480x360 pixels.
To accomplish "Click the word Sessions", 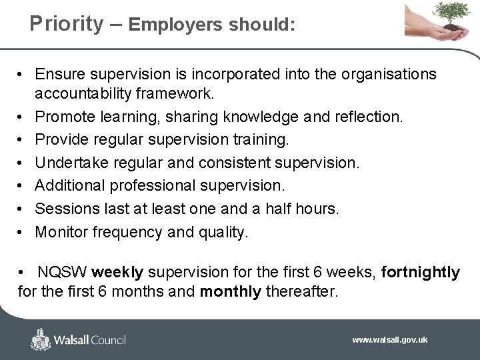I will click(x=64, y=209).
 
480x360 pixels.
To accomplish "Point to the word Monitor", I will click(x=61, y=233).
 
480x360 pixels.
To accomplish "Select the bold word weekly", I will click(x=117, y=273).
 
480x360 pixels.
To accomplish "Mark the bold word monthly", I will click(x=231, y=291).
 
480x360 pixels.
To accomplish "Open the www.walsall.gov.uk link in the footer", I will click(x=390, y=340).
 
